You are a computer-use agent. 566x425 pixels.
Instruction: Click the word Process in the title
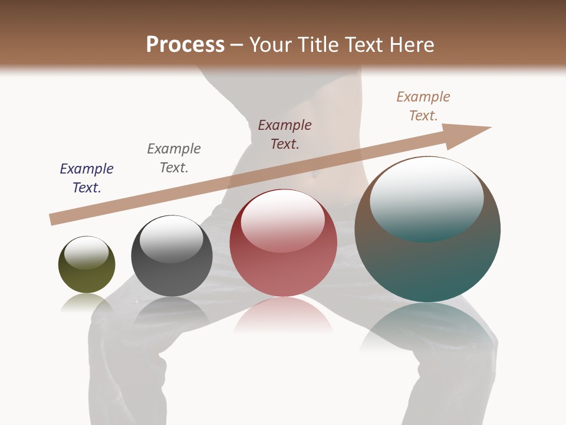185,45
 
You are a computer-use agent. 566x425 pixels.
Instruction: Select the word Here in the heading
412,45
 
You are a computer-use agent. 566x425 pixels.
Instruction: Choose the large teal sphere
427,260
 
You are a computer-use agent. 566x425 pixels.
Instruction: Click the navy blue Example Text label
87,178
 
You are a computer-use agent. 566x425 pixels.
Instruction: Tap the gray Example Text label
174,158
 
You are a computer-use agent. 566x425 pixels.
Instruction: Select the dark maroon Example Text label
285,134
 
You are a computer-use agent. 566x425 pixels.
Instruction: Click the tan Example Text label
423,106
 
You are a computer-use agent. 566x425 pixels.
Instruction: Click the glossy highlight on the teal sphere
427,198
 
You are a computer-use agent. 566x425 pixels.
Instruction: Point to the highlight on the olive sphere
86,253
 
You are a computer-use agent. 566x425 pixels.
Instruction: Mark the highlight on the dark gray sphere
172,239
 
